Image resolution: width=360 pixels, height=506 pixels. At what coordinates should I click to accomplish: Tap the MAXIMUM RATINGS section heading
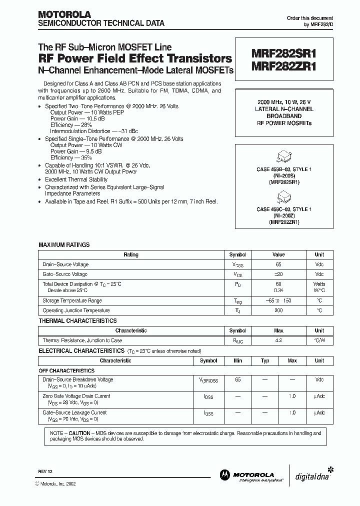pos(64,245)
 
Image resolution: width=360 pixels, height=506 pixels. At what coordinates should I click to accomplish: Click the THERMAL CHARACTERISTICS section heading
pos(77,321)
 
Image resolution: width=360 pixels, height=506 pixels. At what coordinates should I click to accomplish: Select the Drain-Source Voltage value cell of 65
pos(278,264)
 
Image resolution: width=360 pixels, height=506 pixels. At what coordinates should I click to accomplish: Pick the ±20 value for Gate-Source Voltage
pos(278,274)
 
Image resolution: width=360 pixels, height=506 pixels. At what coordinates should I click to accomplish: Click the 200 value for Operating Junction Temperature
pos(278,310)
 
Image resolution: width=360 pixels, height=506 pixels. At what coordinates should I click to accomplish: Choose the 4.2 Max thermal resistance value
pos(278,340)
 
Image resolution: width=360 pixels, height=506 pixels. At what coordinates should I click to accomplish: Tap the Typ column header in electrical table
pos(265,360)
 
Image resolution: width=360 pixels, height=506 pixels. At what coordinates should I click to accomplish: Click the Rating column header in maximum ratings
pos(131,254)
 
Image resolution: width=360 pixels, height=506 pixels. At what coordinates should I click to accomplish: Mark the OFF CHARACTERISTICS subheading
pos(66,371)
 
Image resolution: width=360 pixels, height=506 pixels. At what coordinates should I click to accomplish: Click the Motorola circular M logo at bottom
pos(223,474)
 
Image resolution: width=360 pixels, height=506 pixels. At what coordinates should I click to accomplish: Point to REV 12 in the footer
pos(44,472)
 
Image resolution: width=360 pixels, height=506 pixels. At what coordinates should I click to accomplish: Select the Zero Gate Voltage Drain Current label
pos(76,396)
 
